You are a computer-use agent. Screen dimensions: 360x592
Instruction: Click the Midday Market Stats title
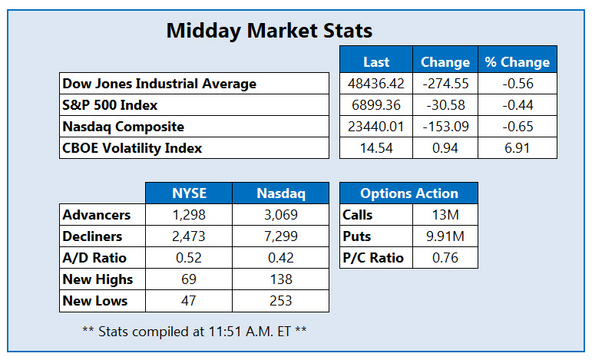coord(269,31)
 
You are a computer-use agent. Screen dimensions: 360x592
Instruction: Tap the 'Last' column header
coord(375,62)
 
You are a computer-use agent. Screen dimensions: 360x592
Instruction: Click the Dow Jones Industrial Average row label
coord(160,83)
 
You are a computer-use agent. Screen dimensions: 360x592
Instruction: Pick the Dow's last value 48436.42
coord(375,83)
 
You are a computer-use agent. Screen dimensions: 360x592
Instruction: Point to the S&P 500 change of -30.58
coord(445,104)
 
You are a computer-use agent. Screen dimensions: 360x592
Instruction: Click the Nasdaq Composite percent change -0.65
coord(518,126)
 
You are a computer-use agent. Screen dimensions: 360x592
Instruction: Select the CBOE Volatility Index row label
coord(133,147)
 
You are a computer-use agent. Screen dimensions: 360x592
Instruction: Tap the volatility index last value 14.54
coord(375,147)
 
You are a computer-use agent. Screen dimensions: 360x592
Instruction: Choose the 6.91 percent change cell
coord(518,147)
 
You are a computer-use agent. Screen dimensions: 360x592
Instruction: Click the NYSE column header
coord(188,193)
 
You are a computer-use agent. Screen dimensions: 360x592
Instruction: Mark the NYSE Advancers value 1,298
coord(188,215)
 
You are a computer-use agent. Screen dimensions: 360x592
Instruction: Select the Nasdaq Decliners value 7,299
coord(280,236)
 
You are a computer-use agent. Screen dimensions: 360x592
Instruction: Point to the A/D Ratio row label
coord(95,258)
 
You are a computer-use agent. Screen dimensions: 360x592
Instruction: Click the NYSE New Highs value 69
coord(188,279)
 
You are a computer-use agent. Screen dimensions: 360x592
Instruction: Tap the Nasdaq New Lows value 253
coord(280,301)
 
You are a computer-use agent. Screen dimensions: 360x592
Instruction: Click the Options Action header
coord(408,193)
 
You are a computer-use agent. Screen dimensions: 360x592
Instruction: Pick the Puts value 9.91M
coord(445,236)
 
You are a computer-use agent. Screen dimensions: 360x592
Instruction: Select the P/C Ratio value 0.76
coord(445,258)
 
